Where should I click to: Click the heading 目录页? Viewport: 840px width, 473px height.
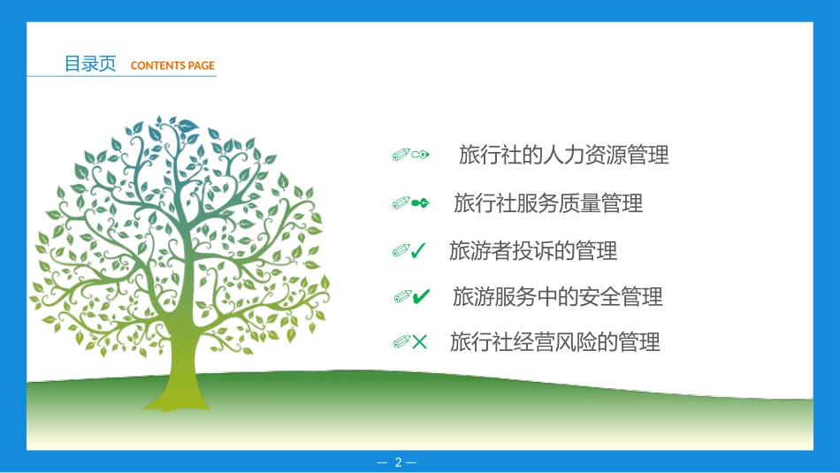90,64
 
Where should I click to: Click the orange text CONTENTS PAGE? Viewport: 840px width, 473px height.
172,65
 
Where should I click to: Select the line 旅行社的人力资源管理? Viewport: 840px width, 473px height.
564,156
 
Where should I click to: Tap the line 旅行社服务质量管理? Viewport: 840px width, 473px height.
548,203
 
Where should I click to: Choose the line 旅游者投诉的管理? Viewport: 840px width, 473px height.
533,251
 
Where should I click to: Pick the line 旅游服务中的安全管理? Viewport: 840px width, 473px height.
558,297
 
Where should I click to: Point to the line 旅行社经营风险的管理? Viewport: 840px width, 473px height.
555,342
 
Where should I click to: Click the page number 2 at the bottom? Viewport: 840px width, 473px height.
398,462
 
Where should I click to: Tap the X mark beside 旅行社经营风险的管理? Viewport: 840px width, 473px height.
420,342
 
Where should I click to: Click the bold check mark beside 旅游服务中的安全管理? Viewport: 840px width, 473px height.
422,297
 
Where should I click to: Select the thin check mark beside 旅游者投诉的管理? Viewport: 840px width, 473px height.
419,251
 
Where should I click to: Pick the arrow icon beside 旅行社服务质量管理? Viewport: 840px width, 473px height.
421,203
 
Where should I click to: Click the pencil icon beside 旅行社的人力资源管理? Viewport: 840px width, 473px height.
401,156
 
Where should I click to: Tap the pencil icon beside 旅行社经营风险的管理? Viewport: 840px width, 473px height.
401,342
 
